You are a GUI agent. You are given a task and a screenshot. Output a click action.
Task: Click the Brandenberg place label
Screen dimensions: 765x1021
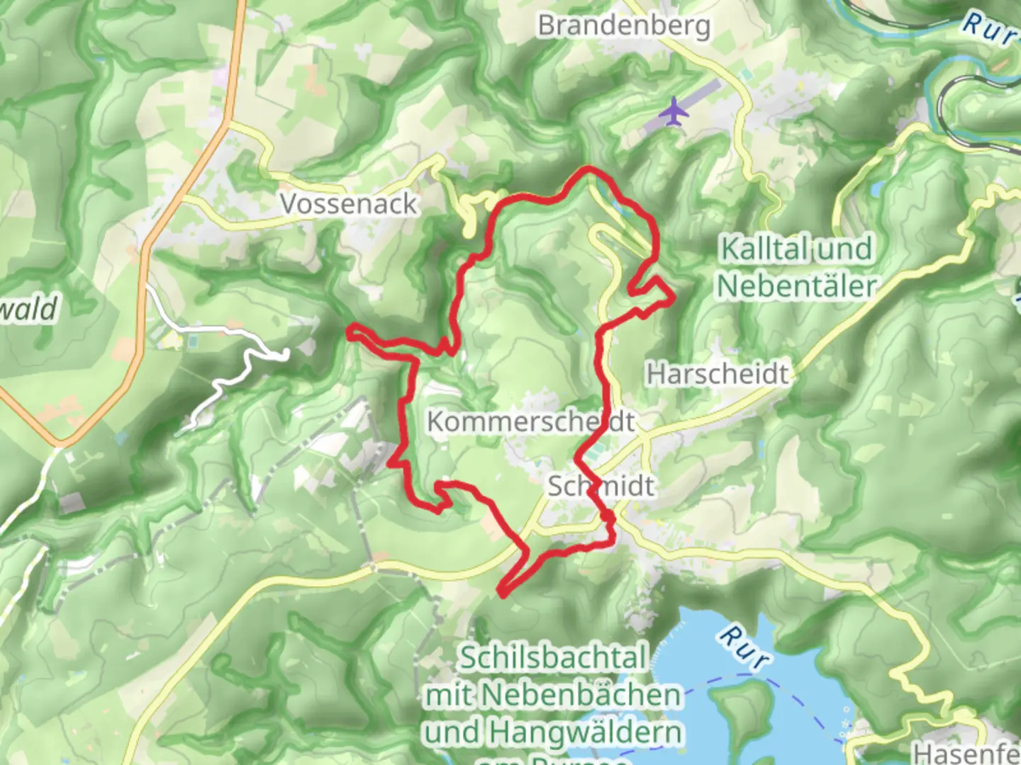(x=624, y=25)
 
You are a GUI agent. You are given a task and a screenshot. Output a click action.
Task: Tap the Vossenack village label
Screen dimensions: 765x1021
(x=349, y=204)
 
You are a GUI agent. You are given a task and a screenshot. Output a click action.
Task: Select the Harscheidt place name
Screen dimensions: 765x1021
(x=718, y=373)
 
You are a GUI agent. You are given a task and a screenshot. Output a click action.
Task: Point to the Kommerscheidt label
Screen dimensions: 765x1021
(x=530, y=421)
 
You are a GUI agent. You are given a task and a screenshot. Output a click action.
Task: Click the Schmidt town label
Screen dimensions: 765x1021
(x=601, y=486)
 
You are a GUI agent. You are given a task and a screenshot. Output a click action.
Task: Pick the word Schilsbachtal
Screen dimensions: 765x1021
(x=554, y=658)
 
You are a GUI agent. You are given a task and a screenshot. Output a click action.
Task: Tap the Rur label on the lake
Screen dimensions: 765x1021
(x=743, y=646)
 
